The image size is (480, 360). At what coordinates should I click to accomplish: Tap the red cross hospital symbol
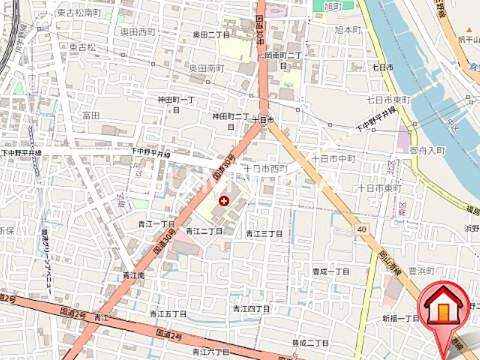pyautogui.click(x=223, y=200)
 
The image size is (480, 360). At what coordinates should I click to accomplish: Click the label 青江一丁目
pyautogui.click(x=156, y=223)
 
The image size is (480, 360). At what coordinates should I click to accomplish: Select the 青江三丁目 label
pyautogui.click(x=264, y=233)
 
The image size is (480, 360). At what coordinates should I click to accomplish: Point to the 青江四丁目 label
pyautogui.click(x=250, y=308)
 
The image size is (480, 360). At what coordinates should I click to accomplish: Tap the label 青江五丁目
pyautogui.click(x=167, y=313)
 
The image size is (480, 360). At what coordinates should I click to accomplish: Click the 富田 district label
pyautogui.click(x=91, y=115)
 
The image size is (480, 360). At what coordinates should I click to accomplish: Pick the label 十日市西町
pyautogui.click(x=265, y=168)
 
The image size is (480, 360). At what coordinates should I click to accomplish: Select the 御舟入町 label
pyautogui.click(x=427, y=150)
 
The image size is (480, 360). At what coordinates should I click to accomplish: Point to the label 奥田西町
pyautogui.click(x=137, y=31)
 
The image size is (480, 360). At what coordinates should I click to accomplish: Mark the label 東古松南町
pyautogui.click(x=78, y=13)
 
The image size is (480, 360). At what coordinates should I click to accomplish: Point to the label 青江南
pyautogui.click(x=135, y=275)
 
